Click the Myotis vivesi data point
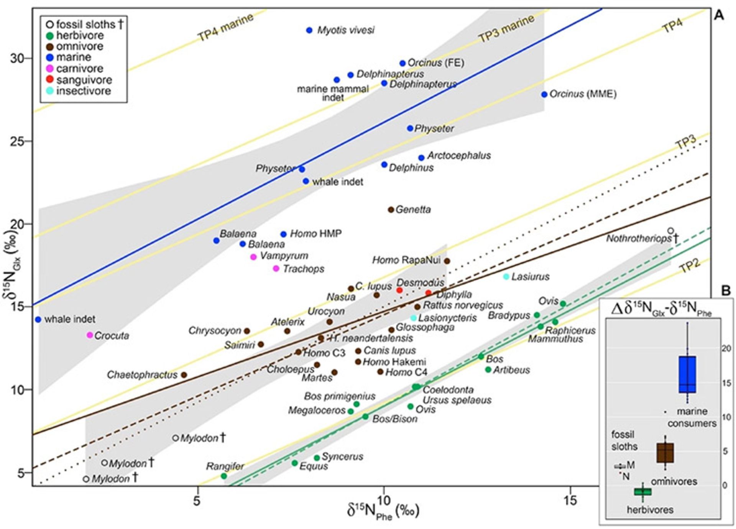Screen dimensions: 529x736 (309, 30)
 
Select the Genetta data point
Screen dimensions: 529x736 (391, 210)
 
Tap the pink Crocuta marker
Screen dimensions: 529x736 (90, 335)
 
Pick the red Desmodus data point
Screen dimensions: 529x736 (399, 291)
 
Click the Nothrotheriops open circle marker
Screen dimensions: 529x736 (670, 231)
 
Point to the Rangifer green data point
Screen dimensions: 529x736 (224, 476)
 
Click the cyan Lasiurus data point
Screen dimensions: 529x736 (506, 276)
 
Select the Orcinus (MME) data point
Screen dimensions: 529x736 (544, 94)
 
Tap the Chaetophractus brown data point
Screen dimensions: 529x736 (184, 375)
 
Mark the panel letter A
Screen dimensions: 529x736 (719, 15)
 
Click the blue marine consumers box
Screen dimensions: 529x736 (687, 374)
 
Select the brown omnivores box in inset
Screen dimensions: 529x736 (665, 453)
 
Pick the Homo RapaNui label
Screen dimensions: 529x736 (406, 260)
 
